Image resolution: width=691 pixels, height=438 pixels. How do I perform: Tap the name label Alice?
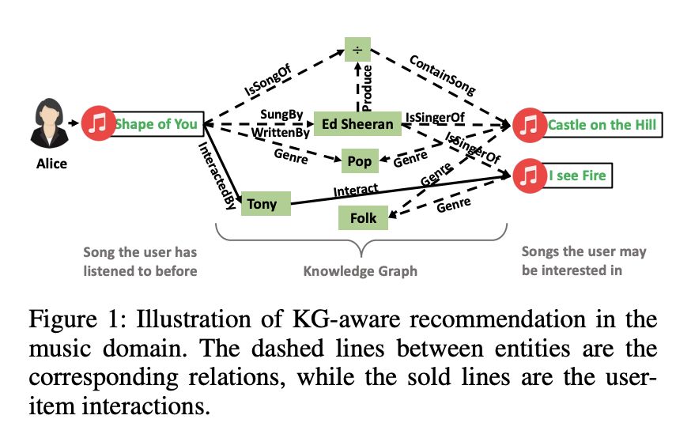click(51, 164)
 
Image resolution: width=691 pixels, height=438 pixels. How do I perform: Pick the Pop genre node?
click(359, 162)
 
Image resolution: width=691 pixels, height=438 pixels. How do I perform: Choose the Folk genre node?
click(363, 217)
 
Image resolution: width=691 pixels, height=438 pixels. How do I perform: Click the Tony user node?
click(262, 204)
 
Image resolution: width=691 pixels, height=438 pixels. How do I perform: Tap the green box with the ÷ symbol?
click(357, 51)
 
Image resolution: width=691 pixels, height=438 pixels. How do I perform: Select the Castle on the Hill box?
click(601, 125)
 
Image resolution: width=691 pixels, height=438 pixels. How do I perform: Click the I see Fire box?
click(578, 174)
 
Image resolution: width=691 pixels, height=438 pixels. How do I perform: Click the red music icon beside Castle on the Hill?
click(528, 125)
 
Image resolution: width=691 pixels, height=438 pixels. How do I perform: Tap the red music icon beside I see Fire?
click(528, 175)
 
